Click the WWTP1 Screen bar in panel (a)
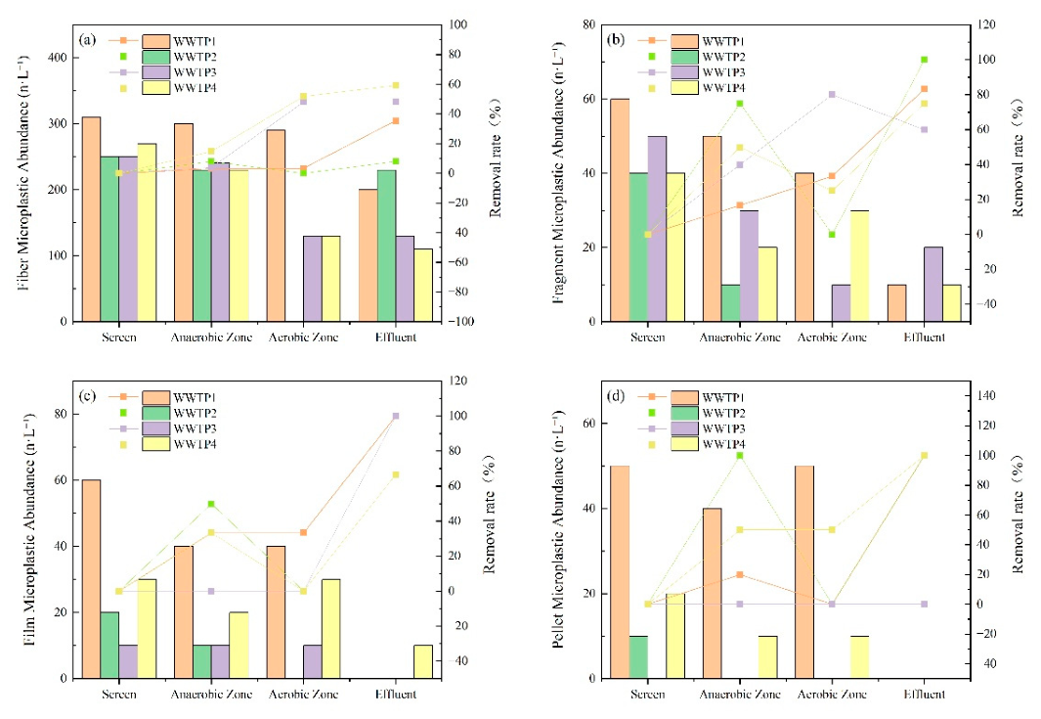(92, 219)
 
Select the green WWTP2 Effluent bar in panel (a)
(387, 246)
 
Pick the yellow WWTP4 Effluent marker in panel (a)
(396, 86)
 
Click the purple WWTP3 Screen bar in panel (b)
(657, 229)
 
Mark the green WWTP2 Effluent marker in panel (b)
(924, 60)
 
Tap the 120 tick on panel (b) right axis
(986, 24)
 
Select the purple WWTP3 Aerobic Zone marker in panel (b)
(832, 94)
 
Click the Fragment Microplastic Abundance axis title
(559, 173)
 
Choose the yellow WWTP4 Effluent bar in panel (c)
(423, 662)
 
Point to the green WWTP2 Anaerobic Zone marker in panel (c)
(211, 504)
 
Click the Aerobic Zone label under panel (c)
(303, 695)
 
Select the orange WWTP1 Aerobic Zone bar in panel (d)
(804, 572)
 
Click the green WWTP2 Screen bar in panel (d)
(638, 657)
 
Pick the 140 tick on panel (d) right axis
(986, 396)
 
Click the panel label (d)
(616, 396)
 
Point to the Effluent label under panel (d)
(924, 695)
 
